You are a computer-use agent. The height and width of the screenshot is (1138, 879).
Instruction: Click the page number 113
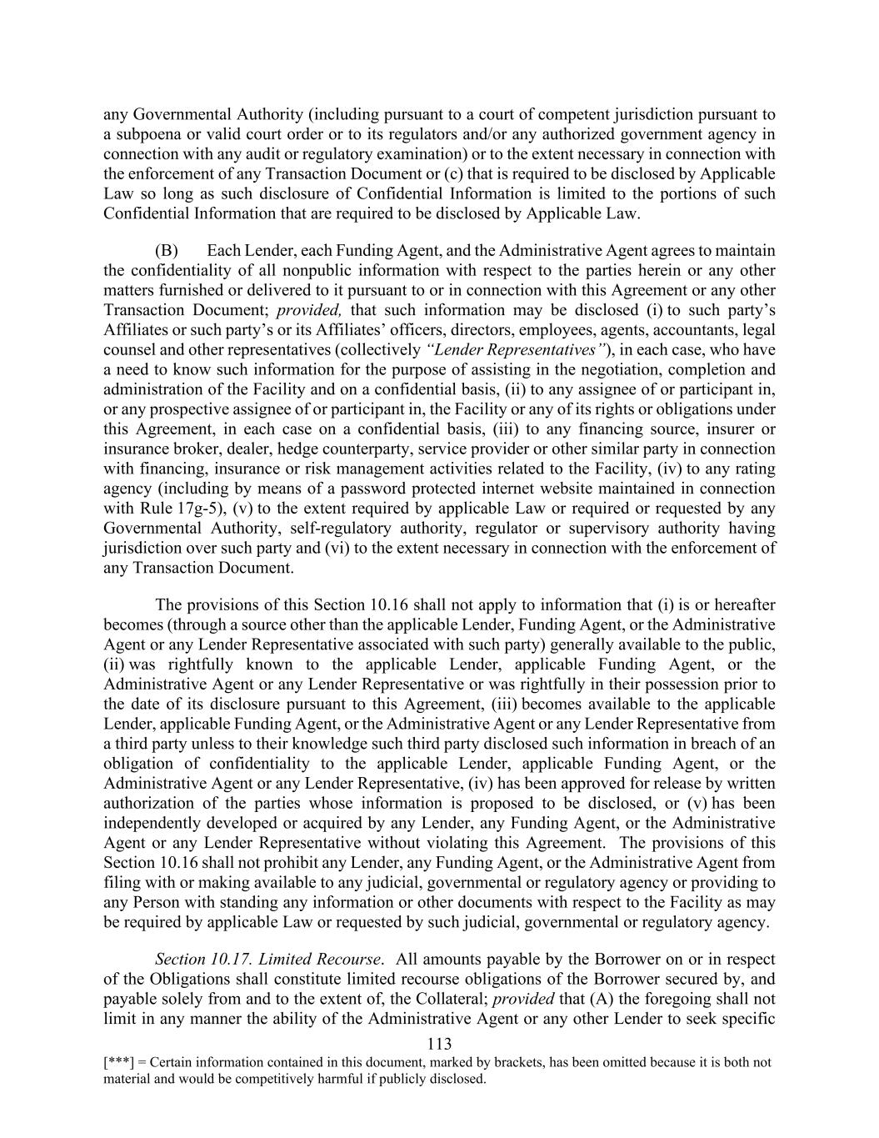[x=439, y=1044]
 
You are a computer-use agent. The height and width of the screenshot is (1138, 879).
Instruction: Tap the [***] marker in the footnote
[x=116, y=1063]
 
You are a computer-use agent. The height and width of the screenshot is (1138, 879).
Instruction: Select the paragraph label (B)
[x=167, y=251]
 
